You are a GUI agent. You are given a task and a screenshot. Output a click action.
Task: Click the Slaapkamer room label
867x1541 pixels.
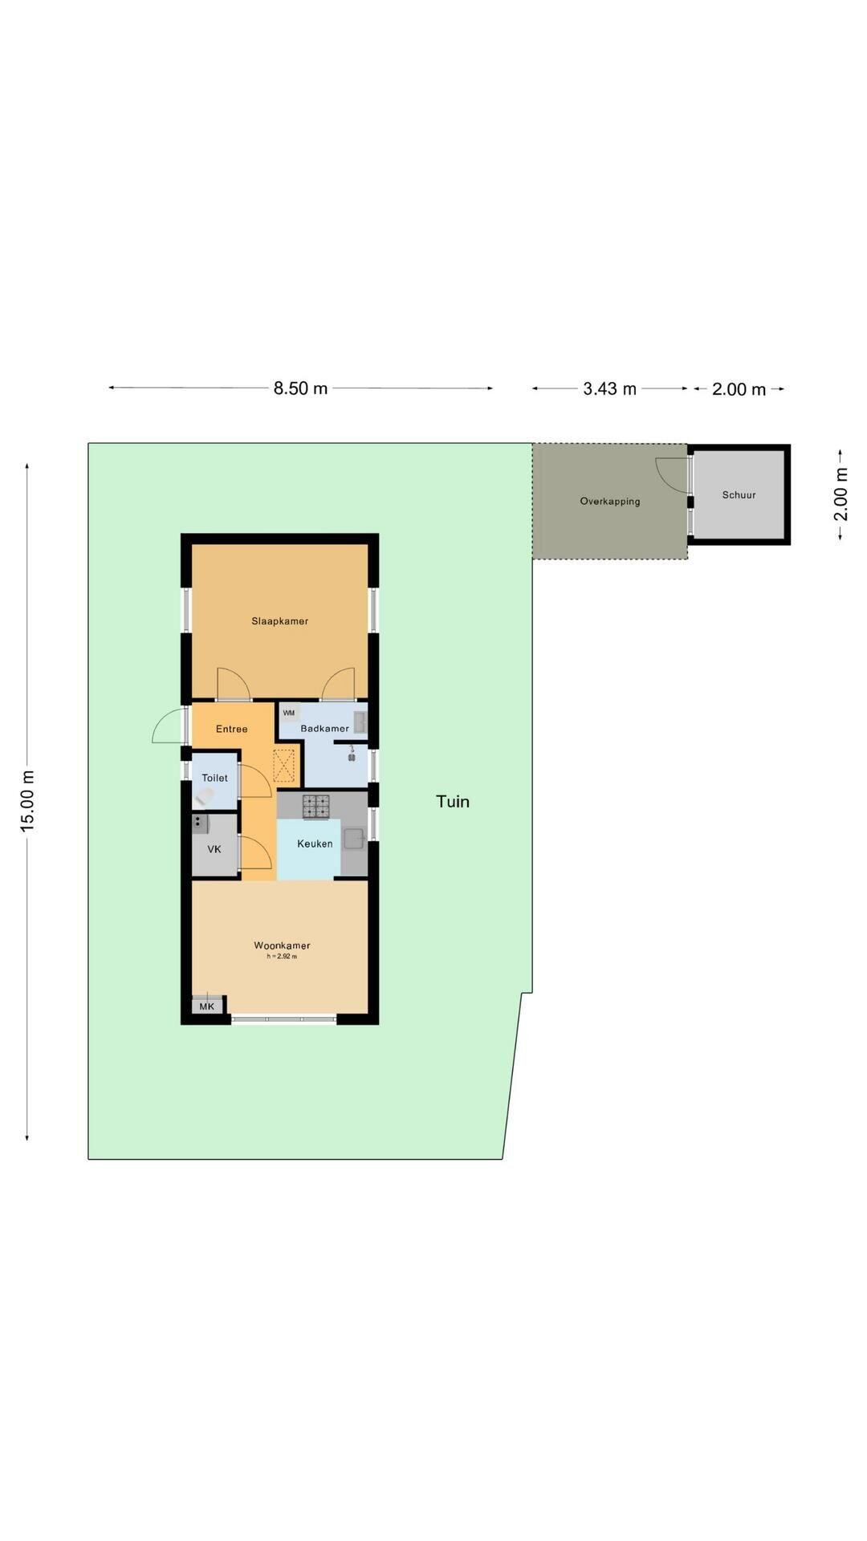point(279,621)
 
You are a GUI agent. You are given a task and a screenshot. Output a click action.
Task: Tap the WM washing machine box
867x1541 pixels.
point(289,713)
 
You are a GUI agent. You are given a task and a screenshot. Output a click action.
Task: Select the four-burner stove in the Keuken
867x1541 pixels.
point(316,806)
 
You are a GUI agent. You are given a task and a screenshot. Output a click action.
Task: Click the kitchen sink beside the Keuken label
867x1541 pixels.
point(354,839)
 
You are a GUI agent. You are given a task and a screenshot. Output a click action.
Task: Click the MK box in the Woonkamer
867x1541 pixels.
point(207,1006)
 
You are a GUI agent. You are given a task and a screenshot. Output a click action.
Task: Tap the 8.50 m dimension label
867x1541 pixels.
point(300,388)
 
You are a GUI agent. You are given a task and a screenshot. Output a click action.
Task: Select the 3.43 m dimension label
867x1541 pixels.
point(609,389)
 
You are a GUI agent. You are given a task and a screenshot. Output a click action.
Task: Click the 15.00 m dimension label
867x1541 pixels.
point(28,800)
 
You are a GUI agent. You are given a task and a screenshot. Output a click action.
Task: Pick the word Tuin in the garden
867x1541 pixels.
point(453,801)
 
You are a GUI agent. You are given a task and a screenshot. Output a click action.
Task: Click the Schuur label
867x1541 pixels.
point(739,495)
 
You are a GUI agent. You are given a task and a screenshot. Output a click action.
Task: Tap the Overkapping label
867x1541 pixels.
point(610,502)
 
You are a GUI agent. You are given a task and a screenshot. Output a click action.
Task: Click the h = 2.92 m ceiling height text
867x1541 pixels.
point(282,957)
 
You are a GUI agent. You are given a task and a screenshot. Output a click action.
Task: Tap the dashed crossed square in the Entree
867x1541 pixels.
point(284,766)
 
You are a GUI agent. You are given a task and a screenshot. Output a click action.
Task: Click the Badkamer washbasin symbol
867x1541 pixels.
point(360,722)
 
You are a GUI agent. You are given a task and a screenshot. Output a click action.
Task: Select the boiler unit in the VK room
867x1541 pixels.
point(200,823)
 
